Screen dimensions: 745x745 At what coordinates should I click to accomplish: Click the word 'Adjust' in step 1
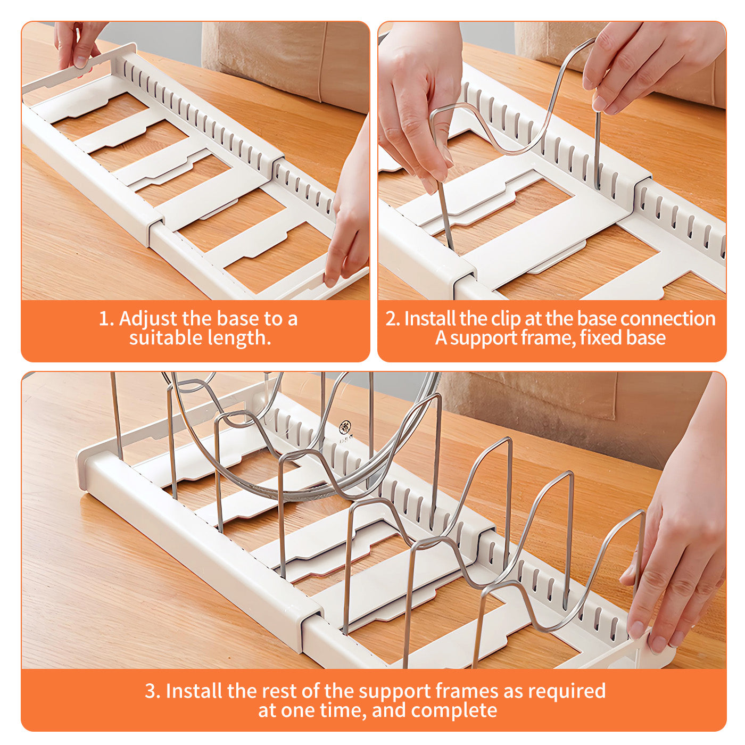click(148, 319)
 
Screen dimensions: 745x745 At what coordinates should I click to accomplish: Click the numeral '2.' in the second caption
click(392, 319)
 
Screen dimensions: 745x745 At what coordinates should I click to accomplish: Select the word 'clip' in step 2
click(506, 319)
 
